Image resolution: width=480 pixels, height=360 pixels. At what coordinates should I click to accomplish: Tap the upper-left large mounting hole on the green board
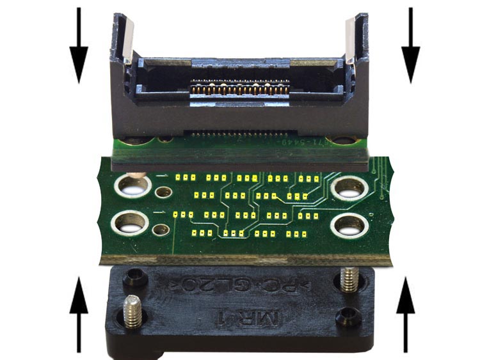point(132,186)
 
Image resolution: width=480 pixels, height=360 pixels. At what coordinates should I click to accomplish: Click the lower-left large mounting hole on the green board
point(131,223)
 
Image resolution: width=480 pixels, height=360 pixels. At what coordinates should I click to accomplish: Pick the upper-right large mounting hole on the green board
point(349,187)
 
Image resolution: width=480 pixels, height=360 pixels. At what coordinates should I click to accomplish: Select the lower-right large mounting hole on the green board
point(349,224)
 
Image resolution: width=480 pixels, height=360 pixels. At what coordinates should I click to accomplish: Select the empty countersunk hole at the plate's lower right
point(349,314)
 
